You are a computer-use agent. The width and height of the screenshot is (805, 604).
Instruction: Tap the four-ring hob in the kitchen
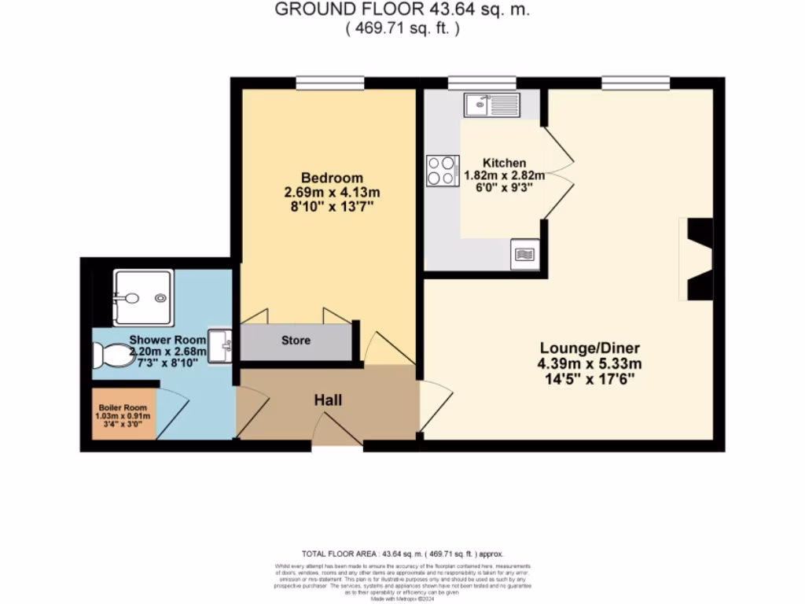pos(443,171)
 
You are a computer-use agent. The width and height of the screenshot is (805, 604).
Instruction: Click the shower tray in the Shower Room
pos(142,297)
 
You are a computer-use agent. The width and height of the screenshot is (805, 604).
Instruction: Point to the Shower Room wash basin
pos(220,345)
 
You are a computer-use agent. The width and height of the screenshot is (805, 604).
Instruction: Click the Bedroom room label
pos(331,177)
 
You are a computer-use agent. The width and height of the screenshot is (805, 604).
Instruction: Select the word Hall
pos(328,400)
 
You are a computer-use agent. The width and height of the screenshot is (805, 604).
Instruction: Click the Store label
pos(296,341)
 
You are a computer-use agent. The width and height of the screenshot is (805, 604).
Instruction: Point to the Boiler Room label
pos(123,407)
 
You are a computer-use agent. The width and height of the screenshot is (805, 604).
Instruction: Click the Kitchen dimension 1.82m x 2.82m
pos(504,177)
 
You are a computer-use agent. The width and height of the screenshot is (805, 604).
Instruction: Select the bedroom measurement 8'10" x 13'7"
pos(331,208)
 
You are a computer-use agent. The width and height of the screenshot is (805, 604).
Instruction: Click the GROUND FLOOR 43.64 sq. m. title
pos(402,10)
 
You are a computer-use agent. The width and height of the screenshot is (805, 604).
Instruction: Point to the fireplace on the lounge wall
pos(698,259)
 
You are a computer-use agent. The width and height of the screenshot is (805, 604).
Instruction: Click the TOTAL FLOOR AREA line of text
pos(402,554)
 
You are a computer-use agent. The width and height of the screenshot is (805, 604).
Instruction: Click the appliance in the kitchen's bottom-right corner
pos(524,255)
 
